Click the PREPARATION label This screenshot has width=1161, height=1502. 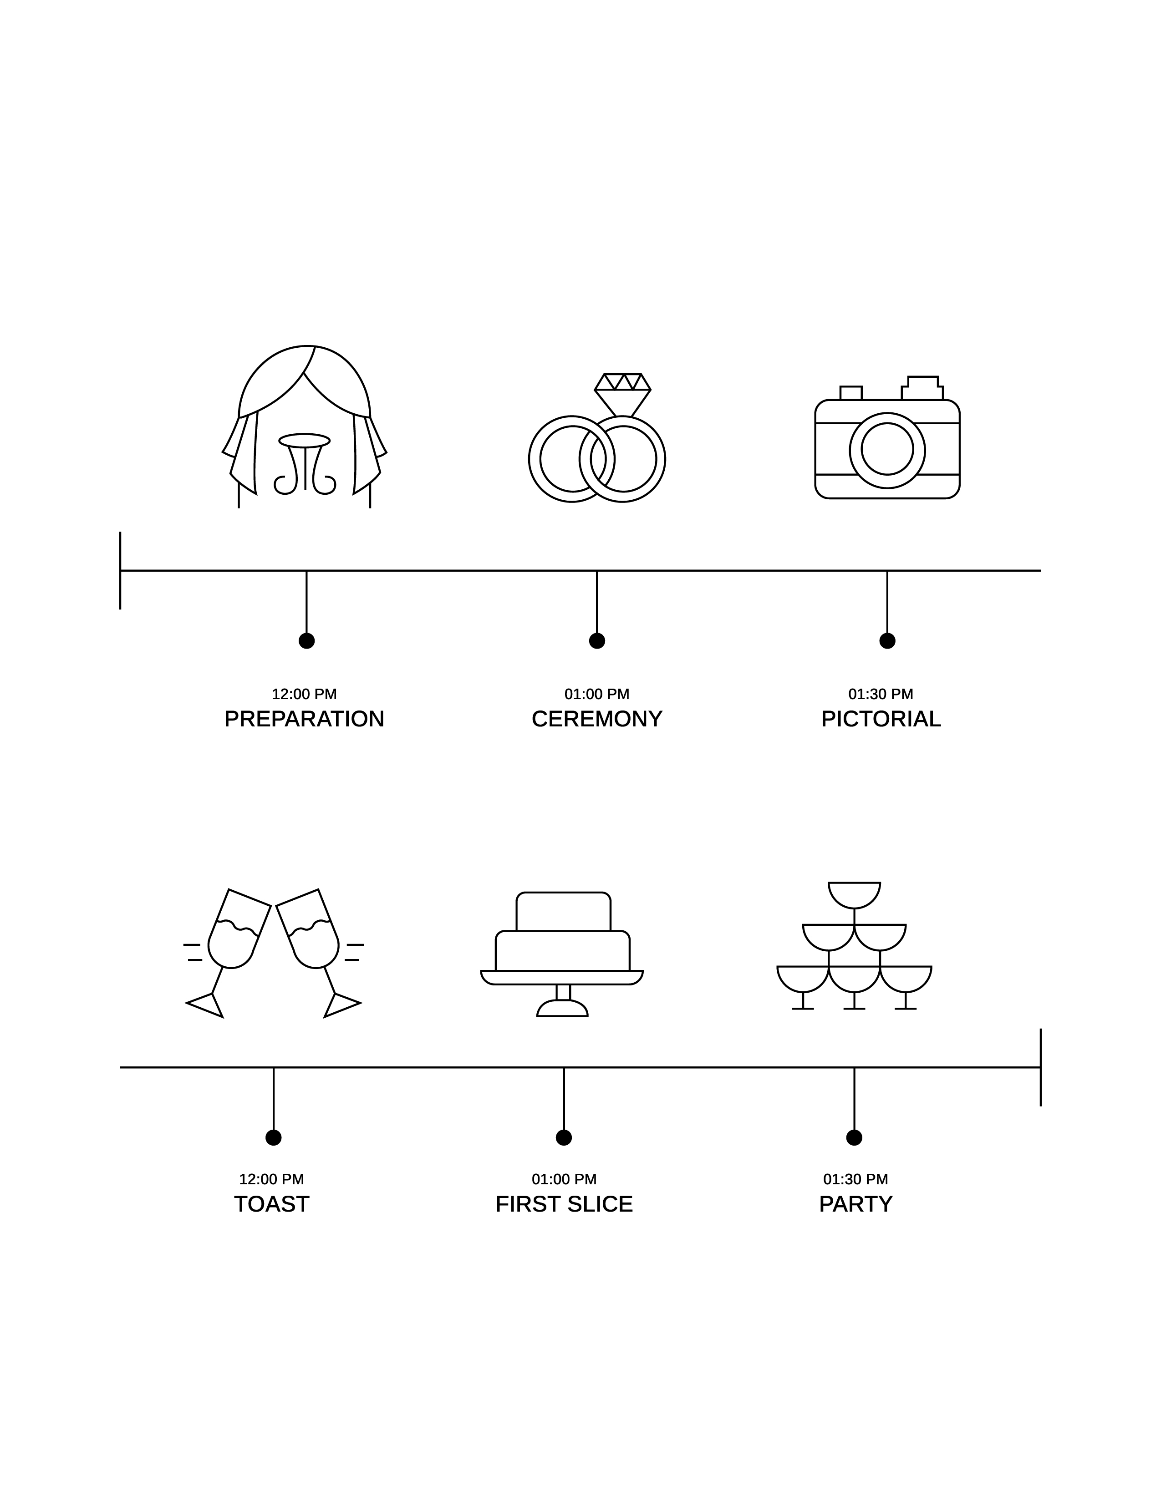304,719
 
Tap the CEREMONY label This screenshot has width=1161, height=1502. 597,719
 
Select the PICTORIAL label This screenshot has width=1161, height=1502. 881,719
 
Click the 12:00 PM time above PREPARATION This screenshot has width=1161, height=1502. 304,694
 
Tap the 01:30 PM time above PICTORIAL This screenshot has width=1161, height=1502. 881,694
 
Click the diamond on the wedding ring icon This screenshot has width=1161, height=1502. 622,391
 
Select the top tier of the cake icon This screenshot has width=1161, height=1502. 563,912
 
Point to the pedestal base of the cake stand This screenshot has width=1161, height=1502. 563,1010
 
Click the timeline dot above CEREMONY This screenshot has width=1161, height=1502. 597,641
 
